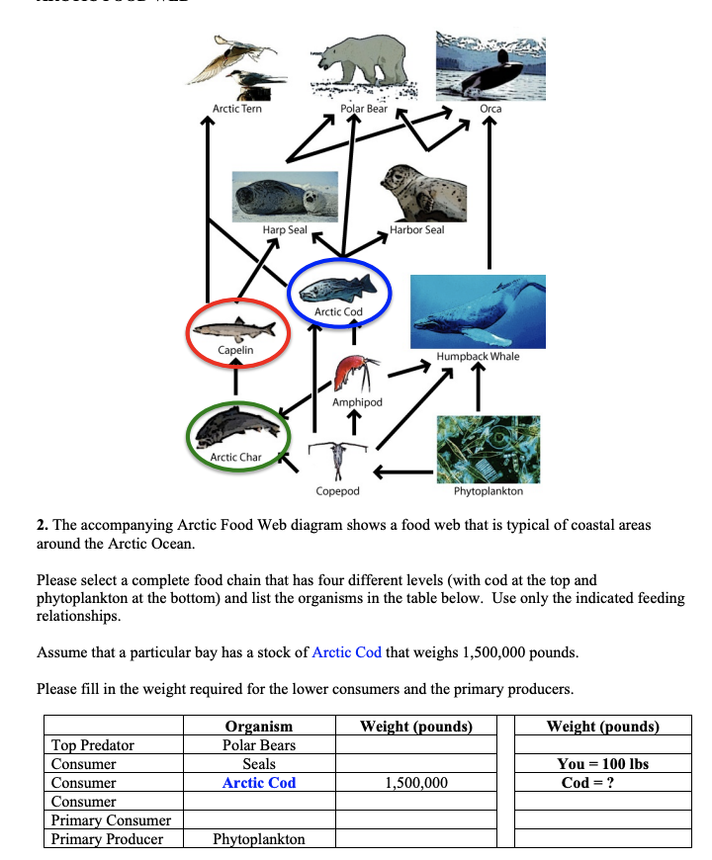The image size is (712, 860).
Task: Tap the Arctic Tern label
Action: pyautogui.click(x=237, y=109)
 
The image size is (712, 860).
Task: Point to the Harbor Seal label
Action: pyautogui.click(x=416, y=229)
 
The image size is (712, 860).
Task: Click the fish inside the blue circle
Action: pyautogui.click(x=339, y=289)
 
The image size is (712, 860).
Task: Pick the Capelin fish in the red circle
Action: pyautogui.click(x=236, y=327)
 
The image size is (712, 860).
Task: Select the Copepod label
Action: pyautogui.click(x=337, y=490)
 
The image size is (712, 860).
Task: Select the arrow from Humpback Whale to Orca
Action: pyautogui.click(x=489, y=198)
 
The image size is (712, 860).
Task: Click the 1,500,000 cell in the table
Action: pyautogui.click(x=415, y=783)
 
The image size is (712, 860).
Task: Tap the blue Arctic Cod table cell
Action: pyautogui.click(x=259, y=783)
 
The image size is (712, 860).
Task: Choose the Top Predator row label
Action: pyautogui.click(x=93, y=745)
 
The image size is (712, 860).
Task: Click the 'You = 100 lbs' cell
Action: pyautogui.click(x=603, y=764)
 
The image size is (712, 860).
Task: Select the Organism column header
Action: pyautogui.click(x=259, y=727)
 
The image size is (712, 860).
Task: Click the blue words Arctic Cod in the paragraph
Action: pyautogui.click(x=346, y=651)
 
